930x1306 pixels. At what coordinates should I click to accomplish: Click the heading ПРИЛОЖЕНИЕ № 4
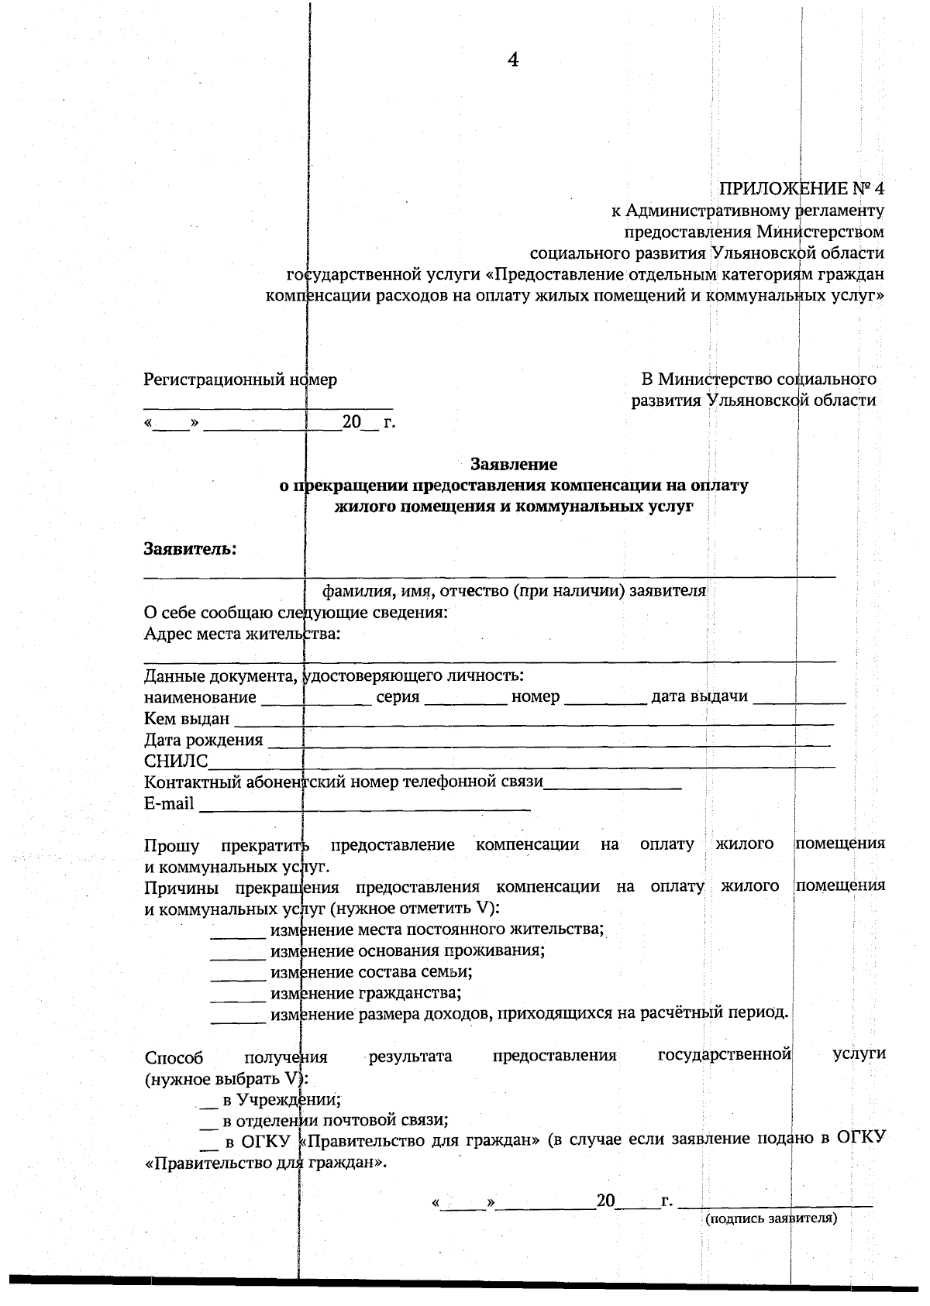(x=801, y=188)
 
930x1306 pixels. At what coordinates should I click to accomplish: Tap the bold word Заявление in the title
(x=514, y=464)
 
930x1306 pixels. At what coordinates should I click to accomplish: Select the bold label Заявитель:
(x=190, y=549)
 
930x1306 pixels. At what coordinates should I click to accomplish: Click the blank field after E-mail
(x=364, y=806)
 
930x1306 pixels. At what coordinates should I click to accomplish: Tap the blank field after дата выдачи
(x=799, y=699)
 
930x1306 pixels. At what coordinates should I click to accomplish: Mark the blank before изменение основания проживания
(x=238, y=954)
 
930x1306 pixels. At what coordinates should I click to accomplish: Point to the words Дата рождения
(x=203, y=740)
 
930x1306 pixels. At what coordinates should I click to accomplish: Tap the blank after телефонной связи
(x=612, y=785)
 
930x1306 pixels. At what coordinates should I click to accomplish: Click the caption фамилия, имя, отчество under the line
(x=514, y=591)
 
